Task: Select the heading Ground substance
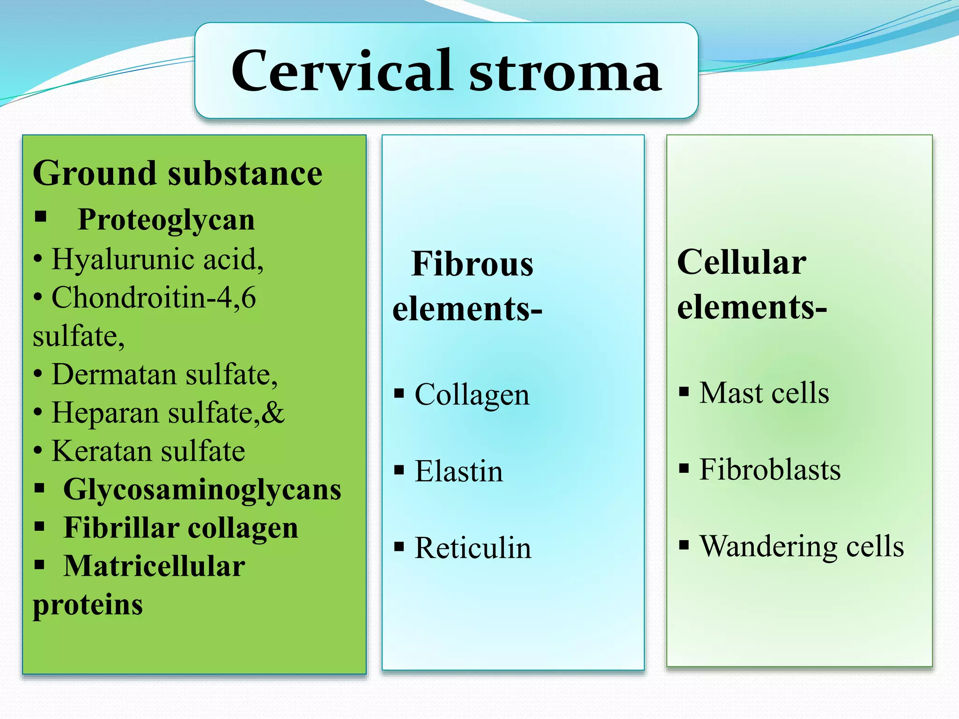(x=177, y=173)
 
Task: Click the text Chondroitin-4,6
(x=154, y=298)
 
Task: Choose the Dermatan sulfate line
(x=164, y=374)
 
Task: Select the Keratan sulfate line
(x=148, y=451)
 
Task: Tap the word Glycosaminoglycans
(x=202, y=490)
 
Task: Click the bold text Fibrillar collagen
(x=181, y=528)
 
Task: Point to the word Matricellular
(x=154, y=566)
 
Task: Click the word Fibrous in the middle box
(x=472, y=264)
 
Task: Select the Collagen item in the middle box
(x=472, y=395)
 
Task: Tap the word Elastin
(x=459, y=471)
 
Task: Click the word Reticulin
(x=473, y=548)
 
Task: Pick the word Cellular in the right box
(x=742, y=262)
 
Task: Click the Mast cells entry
(x=764, y=393)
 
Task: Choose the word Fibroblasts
(x=770, y=470)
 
